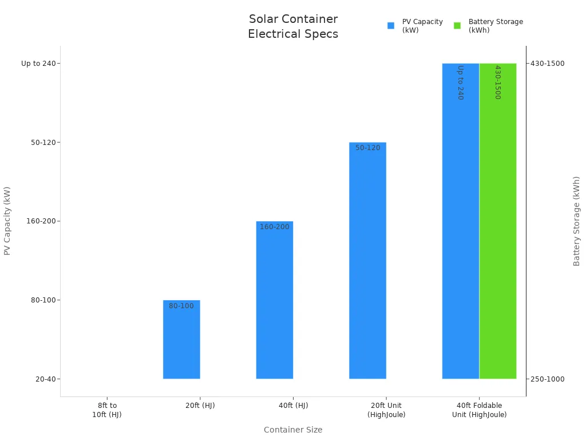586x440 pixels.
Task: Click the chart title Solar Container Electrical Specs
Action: pyautogui.click(x=293, y=26)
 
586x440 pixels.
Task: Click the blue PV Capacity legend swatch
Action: pyautogui.click(x=391, y=26)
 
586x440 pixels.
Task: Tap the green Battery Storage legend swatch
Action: pyautogui.click(x=457, y=26)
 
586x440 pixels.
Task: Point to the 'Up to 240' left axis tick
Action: pyautogui.click(x=38, y=64)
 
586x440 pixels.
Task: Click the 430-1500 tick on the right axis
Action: pyautogui.click(x=548, y=64)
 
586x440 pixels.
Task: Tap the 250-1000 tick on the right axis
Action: pyautogui.click(x=548, y=379)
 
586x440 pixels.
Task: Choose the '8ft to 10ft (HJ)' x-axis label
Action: pyautogui.click(x=107, y=410)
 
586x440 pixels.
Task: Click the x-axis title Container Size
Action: pyautogui.click(x=293, y=430)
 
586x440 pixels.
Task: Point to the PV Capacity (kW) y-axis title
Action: pyautogui.click(x=7, y=221)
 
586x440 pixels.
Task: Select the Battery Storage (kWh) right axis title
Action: pyautogui.click(x=577, y=221)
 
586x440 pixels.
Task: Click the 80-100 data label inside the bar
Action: pyautogui.click(x=181, y=306)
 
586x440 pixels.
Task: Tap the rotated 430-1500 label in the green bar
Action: pyautogui.click(x=497, y=82)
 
